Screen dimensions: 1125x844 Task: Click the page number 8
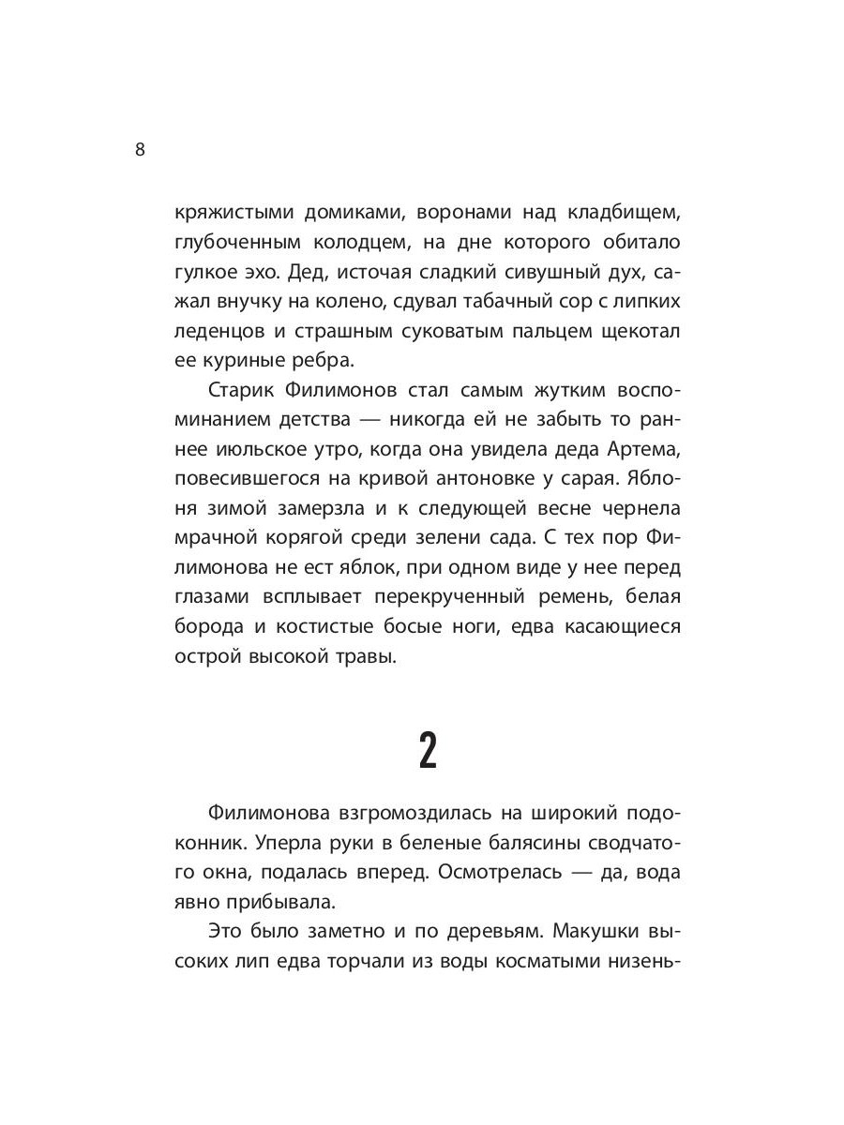141,150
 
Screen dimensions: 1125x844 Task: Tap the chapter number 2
427,752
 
